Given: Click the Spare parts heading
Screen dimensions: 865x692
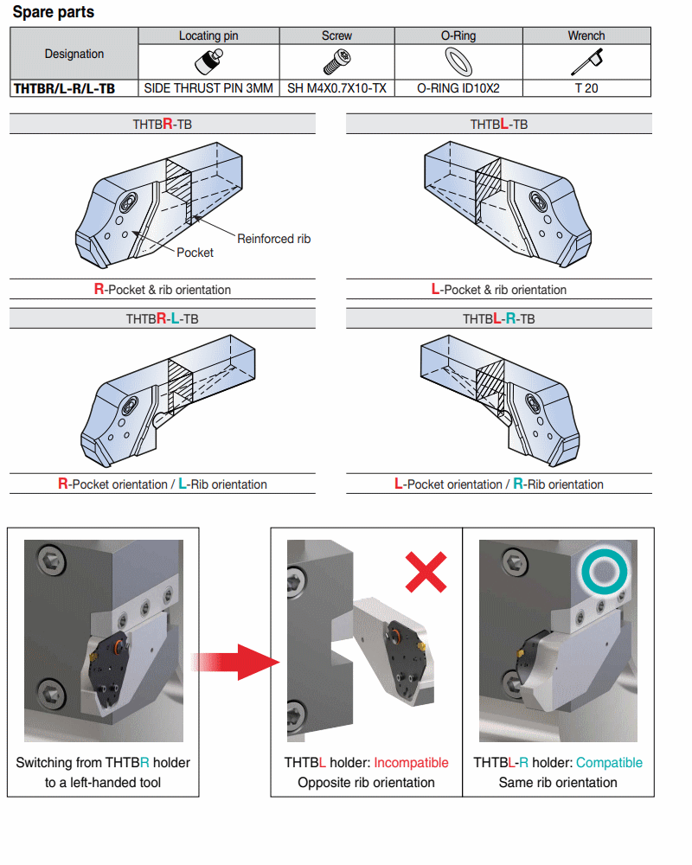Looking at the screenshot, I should [54, 13].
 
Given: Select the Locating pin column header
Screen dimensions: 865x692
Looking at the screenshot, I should [208, 35].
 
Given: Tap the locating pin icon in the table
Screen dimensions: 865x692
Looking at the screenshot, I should [208, 61].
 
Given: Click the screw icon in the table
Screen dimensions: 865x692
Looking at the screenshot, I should [336, 61].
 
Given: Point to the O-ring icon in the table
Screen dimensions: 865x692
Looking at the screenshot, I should [458, 61].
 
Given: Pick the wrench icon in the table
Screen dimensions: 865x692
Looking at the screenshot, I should [587, 61].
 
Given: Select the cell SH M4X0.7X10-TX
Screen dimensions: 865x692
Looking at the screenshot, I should [336, 88].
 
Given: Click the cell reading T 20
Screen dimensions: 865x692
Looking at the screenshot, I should [586, 88].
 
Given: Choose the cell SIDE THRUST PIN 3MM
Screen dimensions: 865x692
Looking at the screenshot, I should [208, 88].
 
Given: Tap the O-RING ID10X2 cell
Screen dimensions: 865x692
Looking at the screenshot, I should [458, 88].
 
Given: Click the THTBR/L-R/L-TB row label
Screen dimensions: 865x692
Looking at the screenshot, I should [65, 88].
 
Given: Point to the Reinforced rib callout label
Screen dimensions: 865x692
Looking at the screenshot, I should [273, 239].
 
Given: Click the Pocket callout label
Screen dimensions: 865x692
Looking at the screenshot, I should [195, 253].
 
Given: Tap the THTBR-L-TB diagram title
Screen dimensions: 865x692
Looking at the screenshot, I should [163, 319].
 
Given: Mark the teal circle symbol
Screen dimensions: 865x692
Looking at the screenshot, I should [602, 571].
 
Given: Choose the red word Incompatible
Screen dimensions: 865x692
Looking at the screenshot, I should [411, 763].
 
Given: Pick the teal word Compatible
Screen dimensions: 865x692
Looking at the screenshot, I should [609, 763].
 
